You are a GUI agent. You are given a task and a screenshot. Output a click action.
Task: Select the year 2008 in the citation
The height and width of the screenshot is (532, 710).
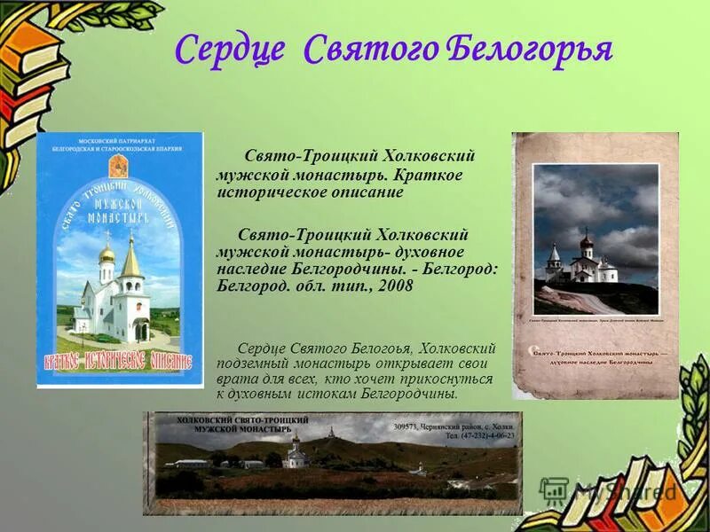(396, 286)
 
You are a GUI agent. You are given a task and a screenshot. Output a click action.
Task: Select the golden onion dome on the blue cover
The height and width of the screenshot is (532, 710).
(106, 254)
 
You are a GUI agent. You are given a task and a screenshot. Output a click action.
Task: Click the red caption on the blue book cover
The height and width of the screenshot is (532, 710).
(119, 362)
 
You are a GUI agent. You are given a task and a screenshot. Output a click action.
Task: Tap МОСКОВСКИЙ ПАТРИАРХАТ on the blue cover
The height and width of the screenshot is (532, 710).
(119, 142)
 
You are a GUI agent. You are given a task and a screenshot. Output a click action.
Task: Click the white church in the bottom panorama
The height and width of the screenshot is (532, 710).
(296, 456)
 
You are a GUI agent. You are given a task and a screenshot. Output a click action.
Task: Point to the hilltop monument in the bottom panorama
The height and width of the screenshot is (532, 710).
(331, 433)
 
